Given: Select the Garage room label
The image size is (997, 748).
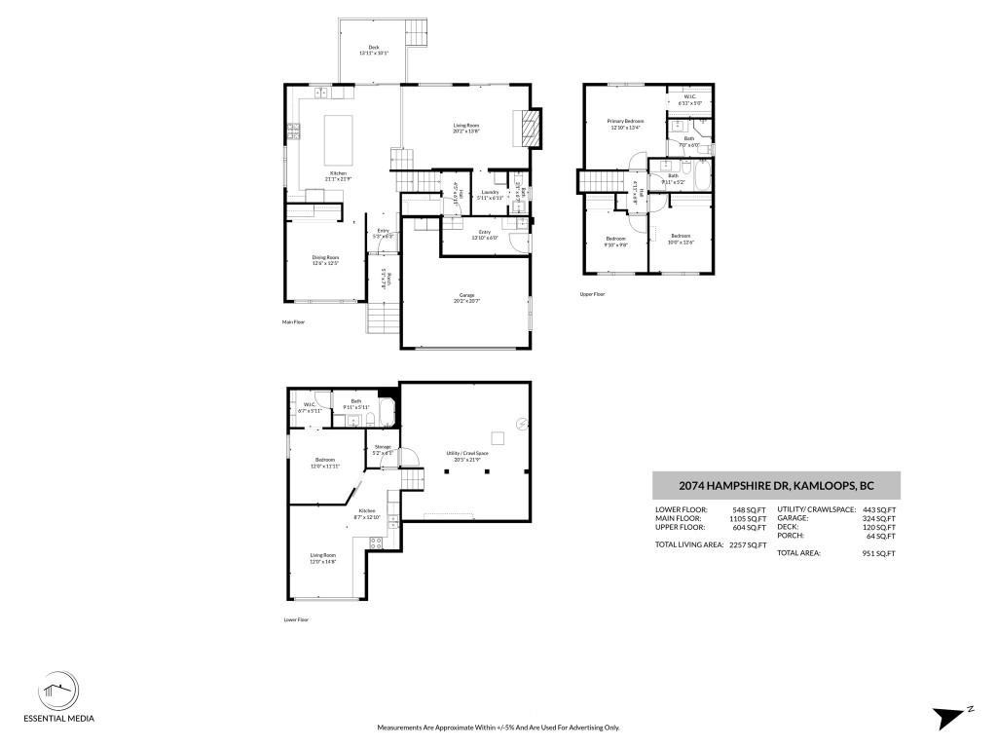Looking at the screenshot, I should click(x=466, y=297).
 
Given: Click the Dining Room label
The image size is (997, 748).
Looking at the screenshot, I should click(x=325, y=259).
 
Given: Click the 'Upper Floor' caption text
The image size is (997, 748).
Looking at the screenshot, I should click(x=592, y=293).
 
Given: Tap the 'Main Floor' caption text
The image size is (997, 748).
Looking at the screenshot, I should click(x=293, y=321).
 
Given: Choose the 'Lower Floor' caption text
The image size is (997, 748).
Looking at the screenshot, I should click(x=296, y=619).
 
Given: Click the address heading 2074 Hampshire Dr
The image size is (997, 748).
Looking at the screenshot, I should click(x=775, y=485).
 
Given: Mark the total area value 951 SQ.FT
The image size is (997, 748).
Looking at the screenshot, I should click(x=879, y=553).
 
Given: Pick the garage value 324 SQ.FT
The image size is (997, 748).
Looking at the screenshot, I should click(x=880, y=518).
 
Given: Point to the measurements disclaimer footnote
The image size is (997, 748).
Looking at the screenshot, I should click(x=498, y=728).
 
